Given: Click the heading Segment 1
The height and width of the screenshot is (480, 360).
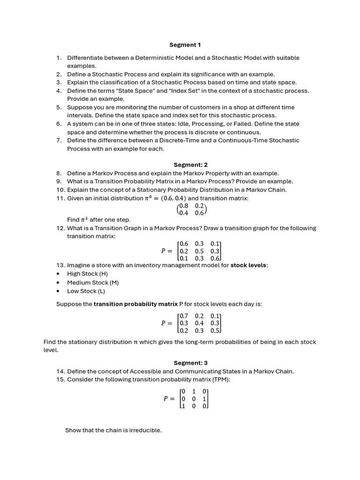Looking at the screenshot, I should tap(185, 45).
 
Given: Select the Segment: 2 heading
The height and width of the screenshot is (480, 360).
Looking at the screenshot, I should tap(190, 165).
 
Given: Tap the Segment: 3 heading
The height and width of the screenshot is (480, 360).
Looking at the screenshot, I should tap(190, 363).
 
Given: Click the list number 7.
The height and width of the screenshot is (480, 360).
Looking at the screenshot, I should tap(59, 141).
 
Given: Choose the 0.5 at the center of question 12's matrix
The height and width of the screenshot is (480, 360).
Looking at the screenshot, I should tap(199, 251).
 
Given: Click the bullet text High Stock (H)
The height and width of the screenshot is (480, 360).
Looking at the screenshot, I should tap(82, 274).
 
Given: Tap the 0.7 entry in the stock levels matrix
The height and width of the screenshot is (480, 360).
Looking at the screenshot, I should tap(184, 316).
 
